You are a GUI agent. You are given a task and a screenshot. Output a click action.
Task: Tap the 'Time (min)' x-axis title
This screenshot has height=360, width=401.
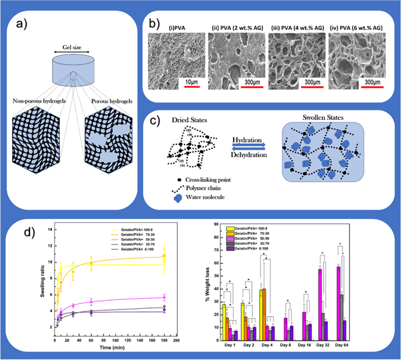[115, 347]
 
